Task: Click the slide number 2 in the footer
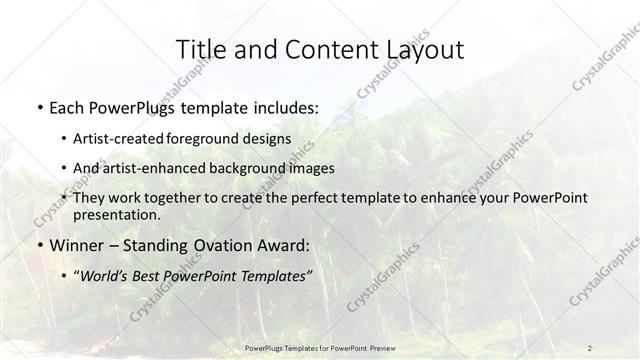[x=590, y=347]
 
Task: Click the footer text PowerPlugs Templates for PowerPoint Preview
[x=319, y=347]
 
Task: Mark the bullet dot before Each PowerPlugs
[x=39, y=107]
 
